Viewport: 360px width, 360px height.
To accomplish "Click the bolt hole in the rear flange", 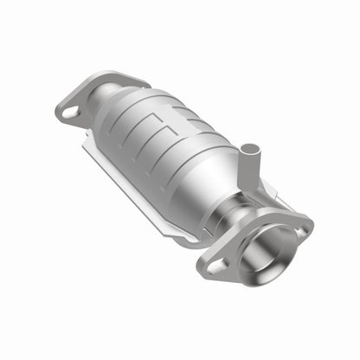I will point(71,110).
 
